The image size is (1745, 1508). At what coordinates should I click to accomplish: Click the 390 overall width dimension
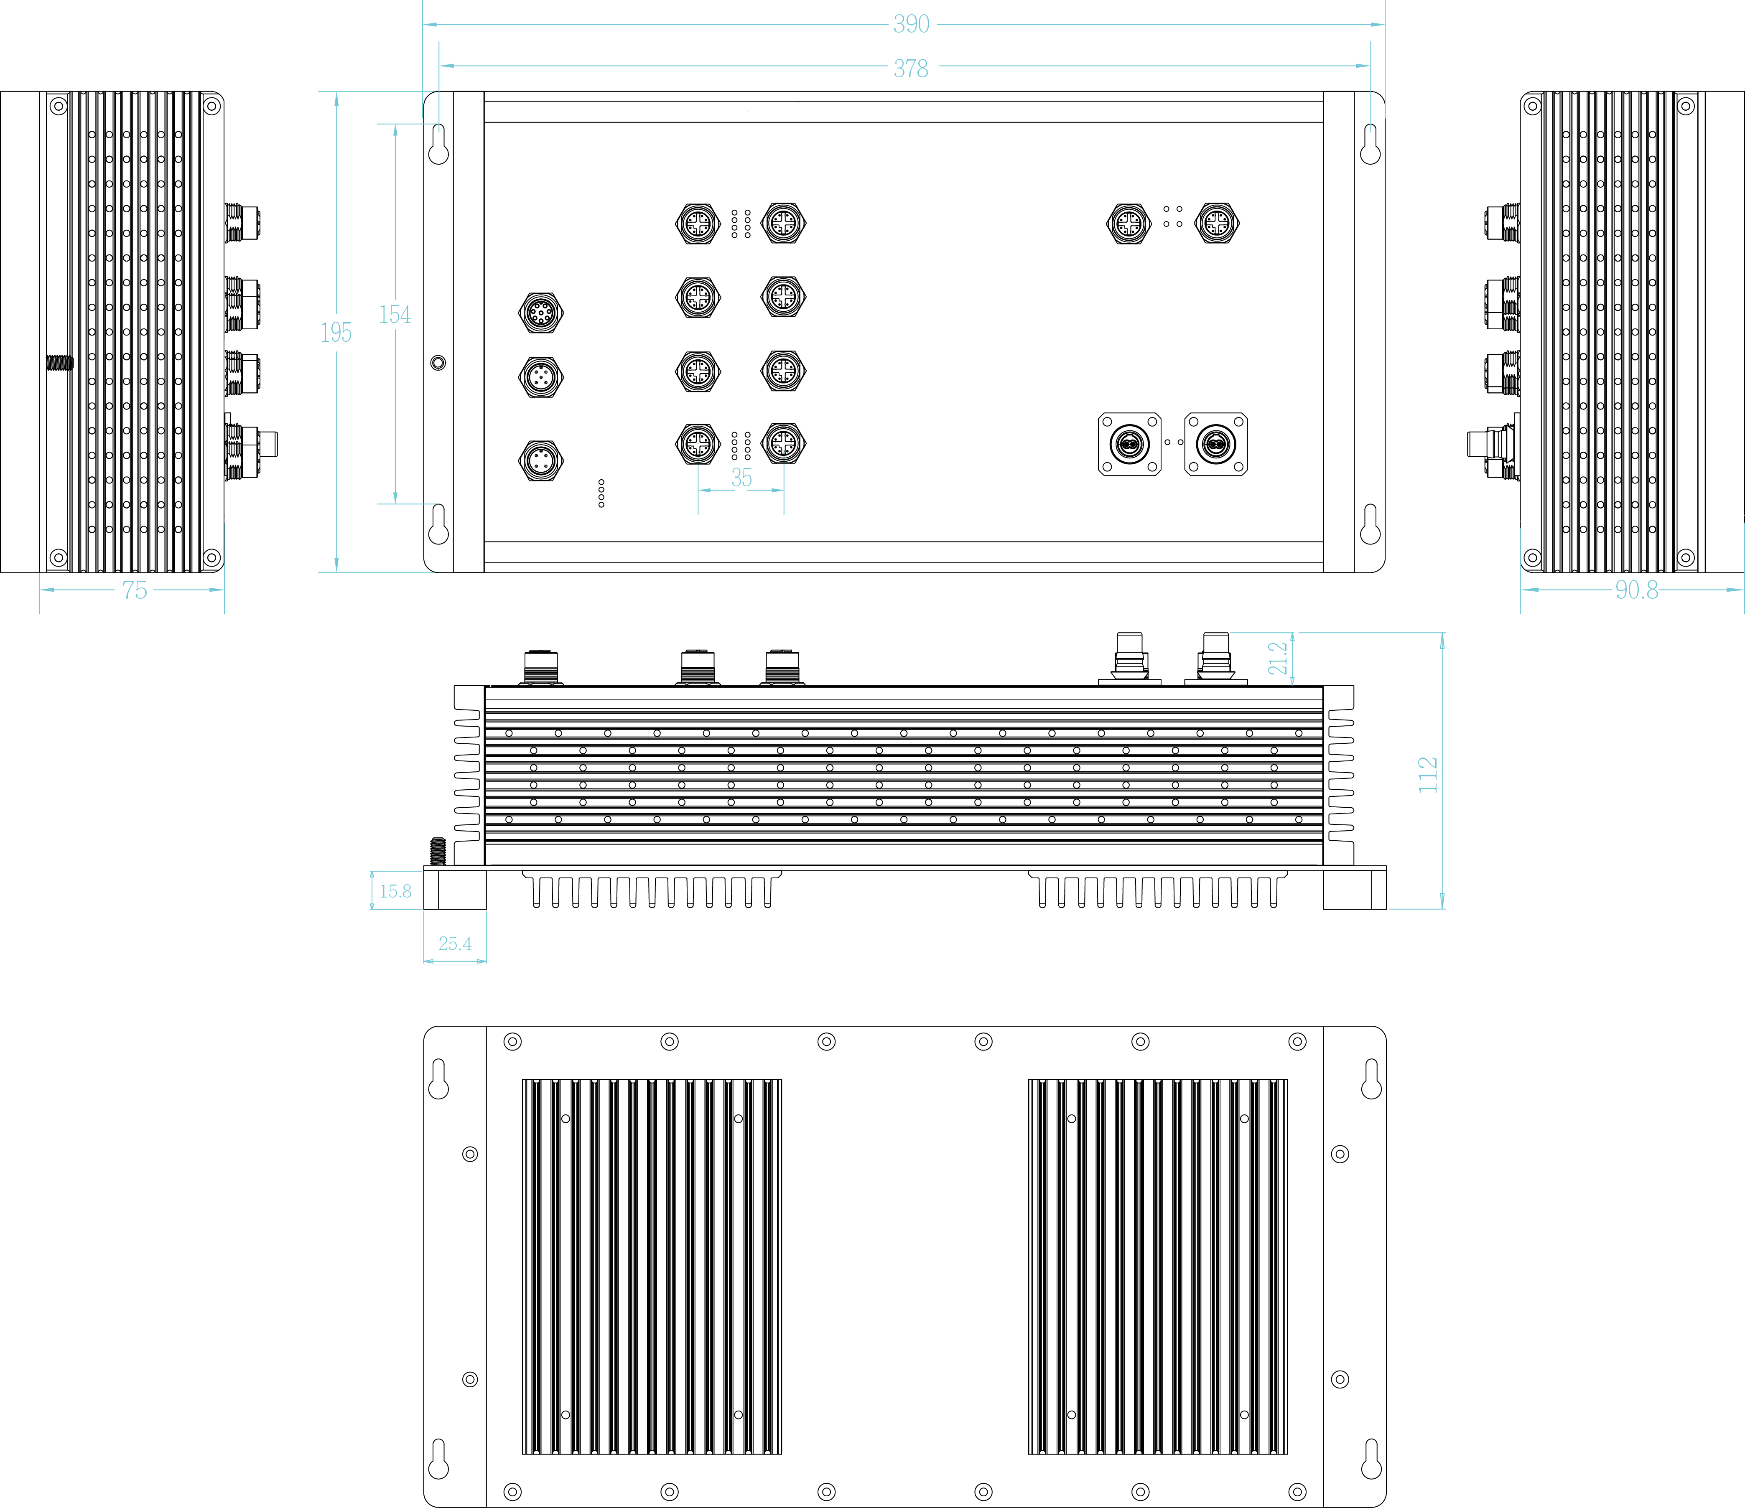(x=911, y=24)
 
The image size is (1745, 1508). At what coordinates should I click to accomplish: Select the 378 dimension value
(x=910, y=68)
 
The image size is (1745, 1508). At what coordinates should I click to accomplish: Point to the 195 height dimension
(x=336, y=333)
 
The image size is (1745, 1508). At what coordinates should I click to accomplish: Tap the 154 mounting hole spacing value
(x=395, y=315)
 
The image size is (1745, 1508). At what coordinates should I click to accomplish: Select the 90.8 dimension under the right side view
(x=1636, y=590)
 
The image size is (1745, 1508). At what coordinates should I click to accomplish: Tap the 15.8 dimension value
(x=395, y=891)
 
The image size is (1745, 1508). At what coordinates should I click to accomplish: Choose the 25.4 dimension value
(x=455, y=944)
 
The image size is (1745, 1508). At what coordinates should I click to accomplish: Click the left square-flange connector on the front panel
(x=1129, y=444)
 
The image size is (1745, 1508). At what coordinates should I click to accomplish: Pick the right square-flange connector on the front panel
(x=1215, y=444)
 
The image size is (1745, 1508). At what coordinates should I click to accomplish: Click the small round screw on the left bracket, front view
(x=438, y=363)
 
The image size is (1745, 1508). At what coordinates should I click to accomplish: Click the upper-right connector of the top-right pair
(x=1216, y=223)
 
